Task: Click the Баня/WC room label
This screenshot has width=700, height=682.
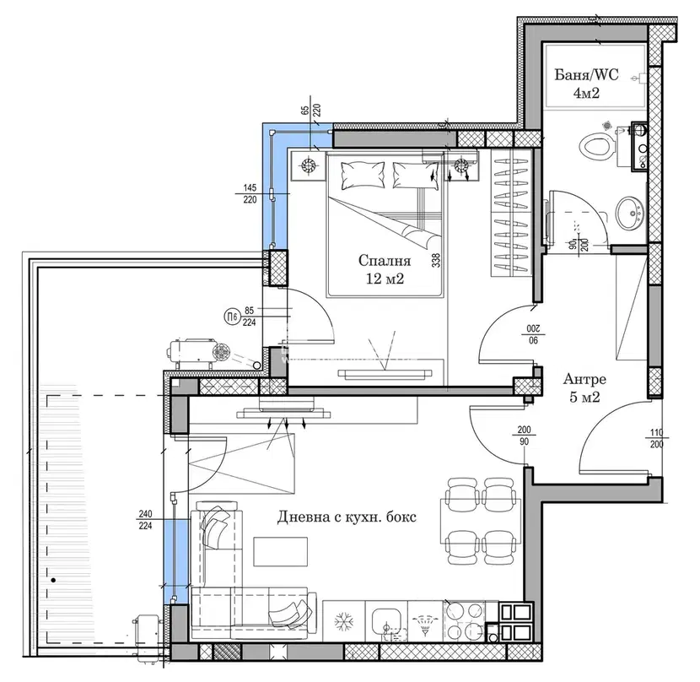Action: click(586, 74)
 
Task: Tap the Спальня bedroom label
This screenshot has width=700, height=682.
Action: click(385, 261)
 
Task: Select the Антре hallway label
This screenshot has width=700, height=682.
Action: click(584, 380)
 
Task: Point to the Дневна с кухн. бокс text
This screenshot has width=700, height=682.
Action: click(347, 517)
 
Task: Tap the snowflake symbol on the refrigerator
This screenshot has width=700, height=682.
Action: click(344, 621)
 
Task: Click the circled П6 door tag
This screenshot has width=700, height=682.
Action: click(231, 317)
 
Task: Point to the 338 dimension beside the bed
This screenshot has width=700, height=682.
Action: click(436, 261)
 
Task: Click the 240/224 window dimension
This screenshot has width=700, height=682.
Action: click(145, 520)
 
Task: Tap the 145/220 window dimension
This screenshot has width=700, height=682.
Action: click(250, 194)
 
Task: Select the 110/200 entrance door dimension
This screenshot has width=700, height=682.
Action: click(657, 438)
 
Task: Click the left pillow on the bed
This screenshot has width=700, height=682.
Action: click(363, 175)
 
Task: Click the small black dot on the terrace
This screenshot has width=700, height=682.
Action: click(54, 581)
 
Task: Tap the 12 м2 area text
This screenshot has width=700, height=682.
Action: click(385, 279)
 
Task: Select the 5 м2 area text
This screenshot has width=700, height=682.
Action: click(584, 398)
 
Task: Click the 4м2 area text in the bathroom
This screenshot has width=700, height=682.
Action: click(586, 93)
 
